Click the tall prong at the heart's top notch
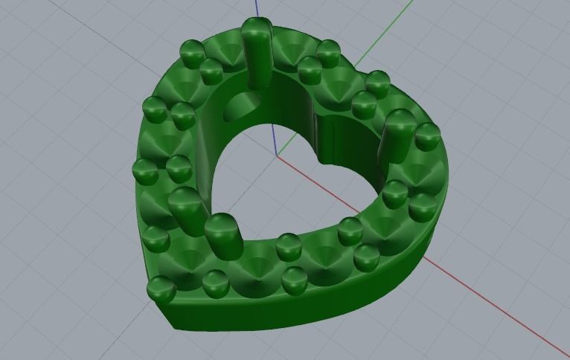coord(257,52)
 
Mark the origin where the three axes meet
coord(277,155)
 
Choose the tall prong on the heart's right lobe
coord(398,138)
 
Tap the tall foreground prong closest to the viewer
coord(222,236)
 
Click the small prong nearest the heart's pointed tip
coord(161,288)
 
